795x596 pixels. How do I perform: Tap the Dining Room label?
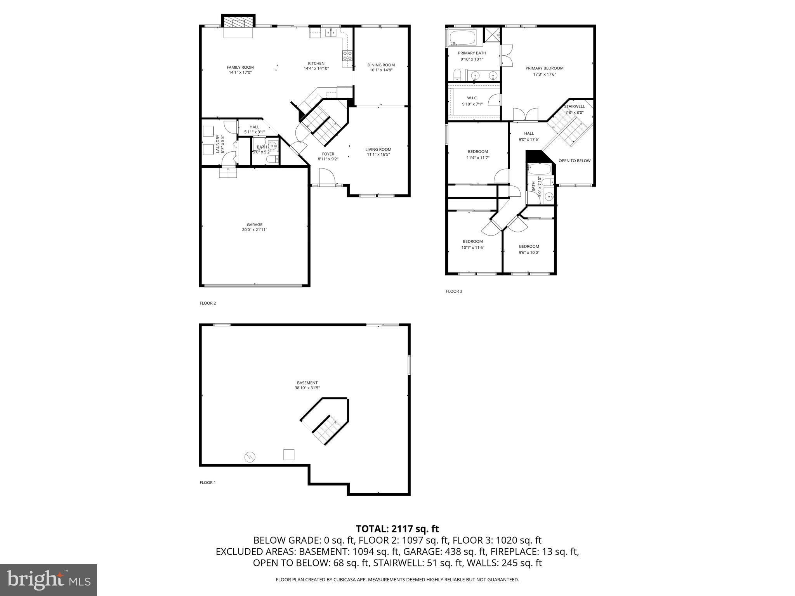pyautogui.click(x=381, y=65)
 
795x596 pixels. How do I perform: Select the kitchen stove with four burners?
pyautogui.click(x=347, y=55)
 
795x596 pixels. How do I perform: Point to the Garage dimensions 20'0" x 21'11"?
pyautogui.click(x=254, y=230)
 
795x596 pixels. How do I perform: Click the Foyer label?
pyautogui.click(x=328, y=154)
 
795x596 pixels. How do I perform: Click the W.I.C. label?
pyautogui.click(x=472, y=98)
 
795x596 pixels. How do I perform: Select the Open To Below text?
pyautogui.click(x=574, y=161)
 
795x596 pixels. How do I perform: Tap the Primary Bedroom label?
pyautogui.click(x=544, y=68)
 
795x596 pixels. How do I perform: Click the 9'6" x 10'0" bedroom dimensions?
pyautogui.click(x=529, y=253)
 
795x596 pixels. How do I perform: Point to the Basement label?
pyautogui.click(x=307, y=383)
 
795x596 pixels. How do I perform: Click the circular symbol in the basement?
pyautogui.click(x=250, y=457)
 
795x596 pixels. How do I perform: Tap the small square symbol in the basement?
pyautogui.click(x=288, y=454)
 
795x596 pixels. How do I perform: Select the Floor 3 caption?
pyautogui.click(x=454, y=291)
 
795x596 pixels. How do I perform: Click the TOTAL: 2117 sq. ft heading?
pyautogui.click(x=397, y=529)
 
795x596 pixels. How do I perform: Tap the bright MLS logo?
pyautogui.click(x=49, y=580)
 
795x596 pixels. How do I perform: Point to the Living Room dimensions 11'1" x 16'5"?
pyautogui.click(x=378, y=154)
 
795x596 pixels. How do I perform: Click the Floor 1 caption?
pyautogui.click(x=207, y=483)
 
